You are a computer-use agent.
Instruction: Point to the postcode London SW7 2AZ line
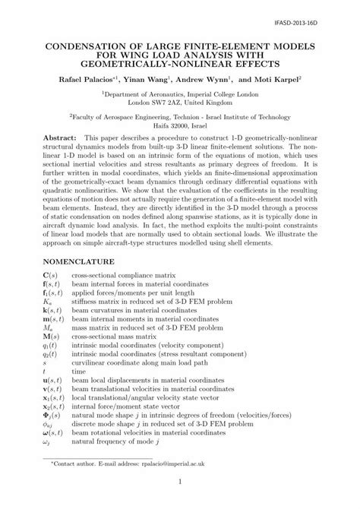pos(179,101)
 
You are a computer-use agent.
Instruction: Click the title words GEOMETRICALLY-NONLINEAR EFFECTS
pos(179,63)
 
